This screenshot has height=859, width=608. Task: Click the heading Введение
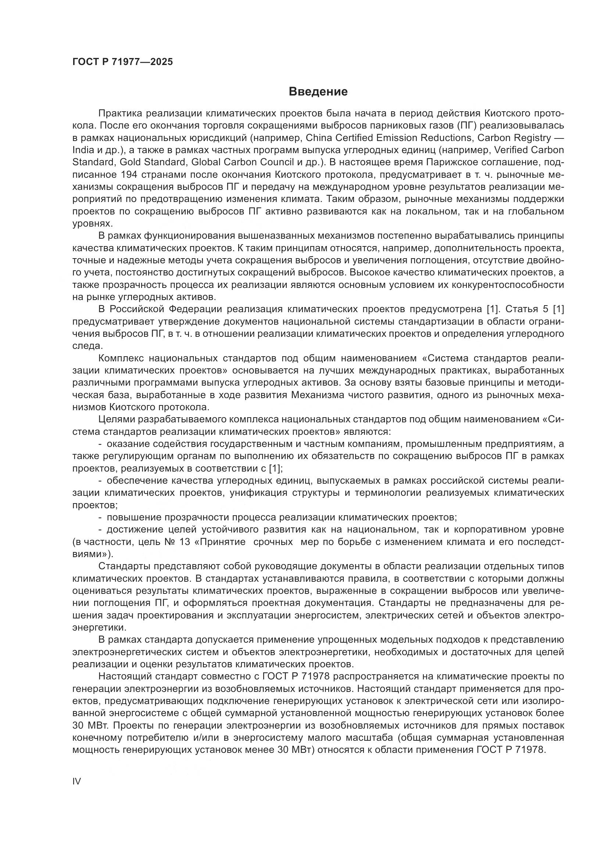tap(318, 92)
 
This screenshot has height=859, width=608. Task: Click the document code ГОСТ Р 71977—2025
tap(122, 62)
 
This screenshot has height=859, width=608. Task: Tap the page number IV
tap(76, 781)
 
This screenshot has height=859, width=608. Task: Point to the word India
tap(82, 151)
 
